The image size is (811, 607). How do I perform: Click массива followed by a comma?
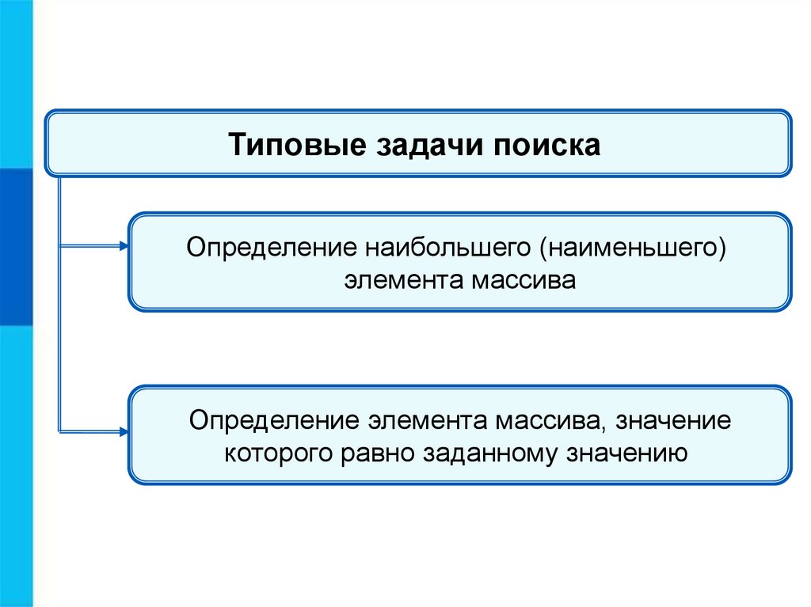(554, 420)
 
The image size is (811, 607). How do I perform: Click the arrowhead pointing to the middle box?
(123, 247)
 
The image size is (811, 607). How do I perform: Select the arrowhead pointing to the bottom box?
(123, 432)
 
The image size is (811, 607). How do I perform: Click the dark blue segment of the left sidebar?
(16, 246)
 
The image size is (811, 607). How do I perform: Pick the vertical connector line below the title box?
(60, 317)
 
